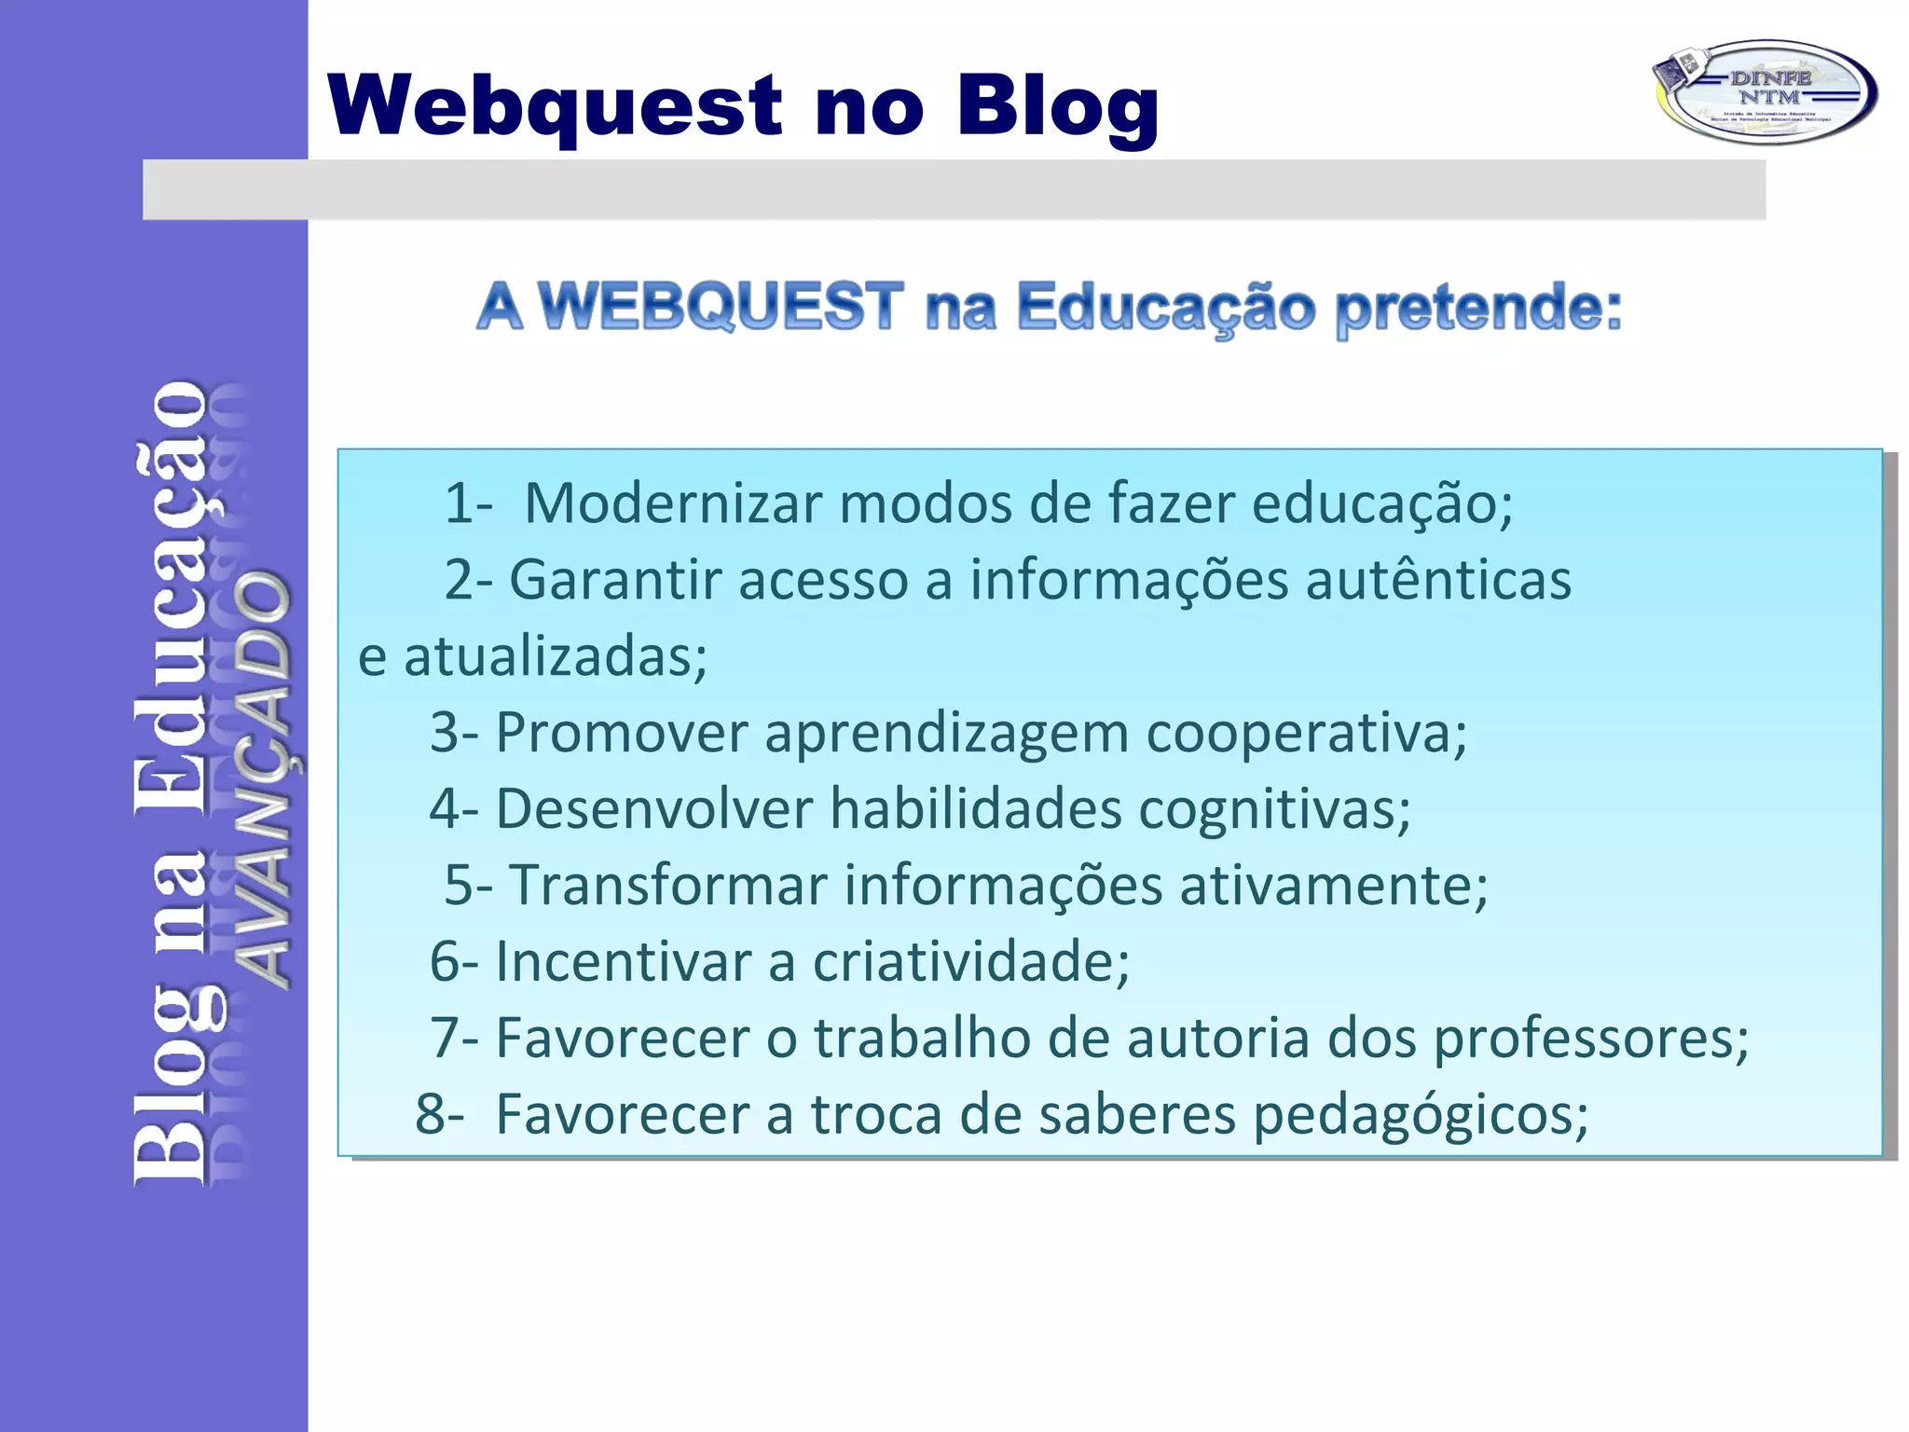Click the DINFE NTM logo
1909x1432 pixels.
pos(1765,91)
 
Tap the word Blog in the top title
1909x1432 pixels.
pos(1057,107)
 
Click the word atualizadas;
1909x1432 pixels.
pos(555,656)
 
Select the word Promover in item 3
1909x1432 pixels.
pos(621,733)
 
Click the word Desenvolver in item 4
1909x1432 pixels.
pos(653,808)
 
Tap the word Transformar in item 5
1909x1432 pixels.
pos(667,885)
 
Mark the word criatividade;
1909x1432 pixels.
pos(970,961)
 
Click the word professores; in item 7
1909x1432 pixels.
pos(1590,1038)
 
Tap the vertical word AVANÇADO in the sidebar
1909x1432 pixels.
pos(261,778)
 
